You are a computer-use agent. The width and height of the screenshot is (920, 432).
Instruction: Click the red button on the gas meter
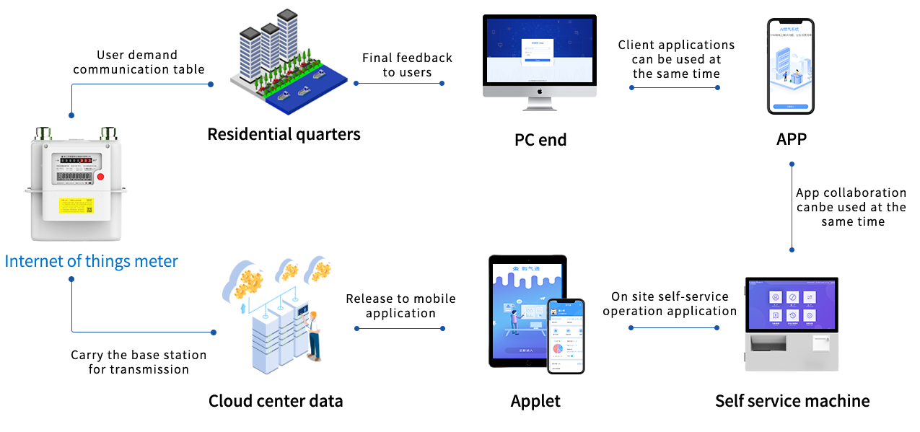[x=100, y=176]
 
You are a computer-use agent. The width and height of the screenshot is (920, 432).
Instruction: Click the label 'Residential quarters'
[x=284, y=134]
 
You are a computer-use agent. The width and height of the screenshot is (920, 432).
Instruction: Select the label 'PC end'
[x=540, y=139]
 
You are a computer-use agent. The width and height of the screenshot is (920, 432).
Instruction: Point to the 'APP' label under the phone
[x=791, y=138]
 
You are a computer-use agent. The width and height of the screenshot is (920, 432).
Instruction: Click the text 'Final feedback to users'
[x=407, y=65]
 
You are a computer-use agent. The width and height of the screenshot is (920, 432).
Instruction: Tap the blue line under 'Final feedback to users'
[x=399, y=83]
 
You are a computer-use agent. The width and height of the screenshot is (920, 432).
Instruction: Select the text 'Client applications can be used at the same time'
[x=676, y=59]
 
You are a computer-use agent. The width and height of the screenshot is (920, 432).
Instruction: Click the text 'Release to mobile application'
[x=400, y=306]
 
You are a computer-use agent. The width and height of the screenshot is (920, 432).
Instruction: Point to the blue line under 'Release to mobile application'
[x=400, y=329]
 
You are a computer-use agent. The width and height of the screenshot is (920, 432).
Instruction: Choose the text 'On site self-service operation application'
[x=670, y=304]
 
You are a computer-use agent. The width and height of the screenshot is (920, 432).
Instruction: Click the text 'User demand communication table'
[x=139, y=62]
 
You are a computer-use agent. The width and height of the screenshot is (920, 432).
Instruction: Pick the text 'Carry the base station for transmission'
[x=139, y=362]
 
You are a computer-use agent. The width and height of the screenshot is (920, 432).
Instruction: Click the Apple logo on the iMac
[x=540, y=92]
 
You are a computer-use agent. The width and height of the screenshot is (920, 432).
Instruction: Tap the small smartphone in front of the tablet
[x=565, y=335]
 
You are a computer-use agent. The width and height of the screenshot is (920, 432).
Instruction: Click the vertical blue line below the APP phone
[x=792, y=207]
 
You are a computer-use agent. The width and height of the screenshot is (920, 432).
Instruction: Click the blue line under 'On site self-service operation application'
[x=673, y=328]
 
